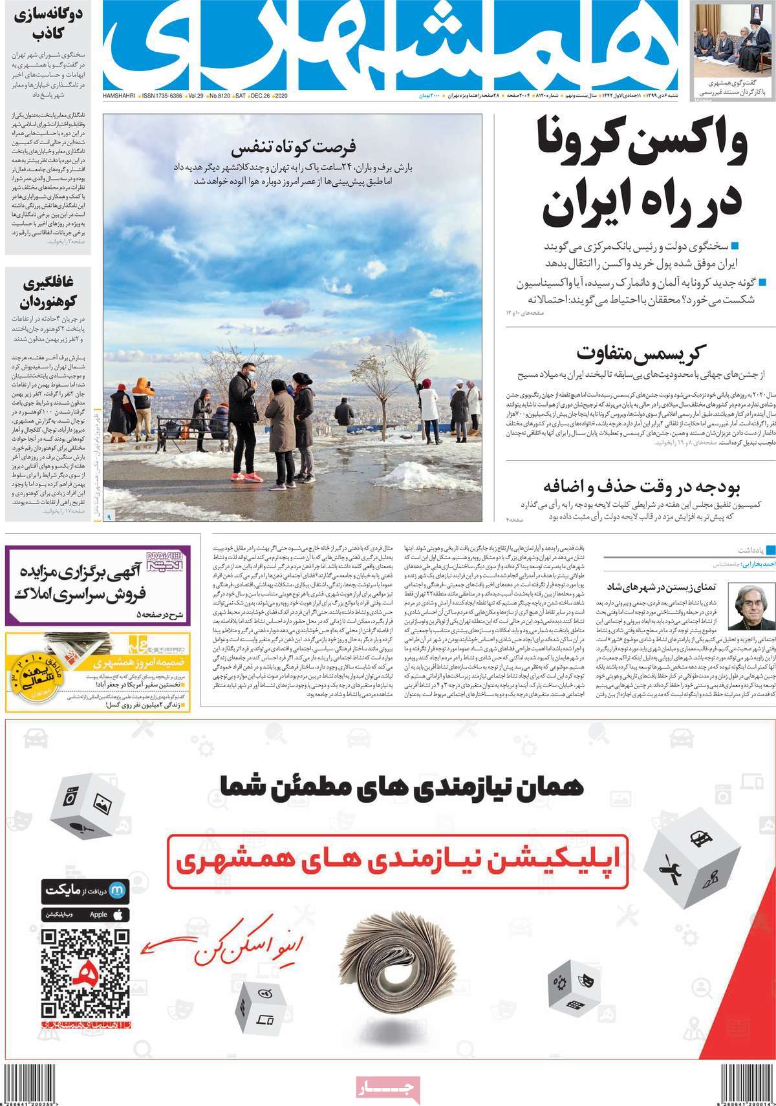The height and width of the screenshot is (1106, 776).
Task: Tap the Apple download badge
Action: click(x=85, y=915)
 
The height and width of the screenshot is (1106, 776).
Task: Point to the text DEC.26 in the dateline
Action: click(x=260, y=96)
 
